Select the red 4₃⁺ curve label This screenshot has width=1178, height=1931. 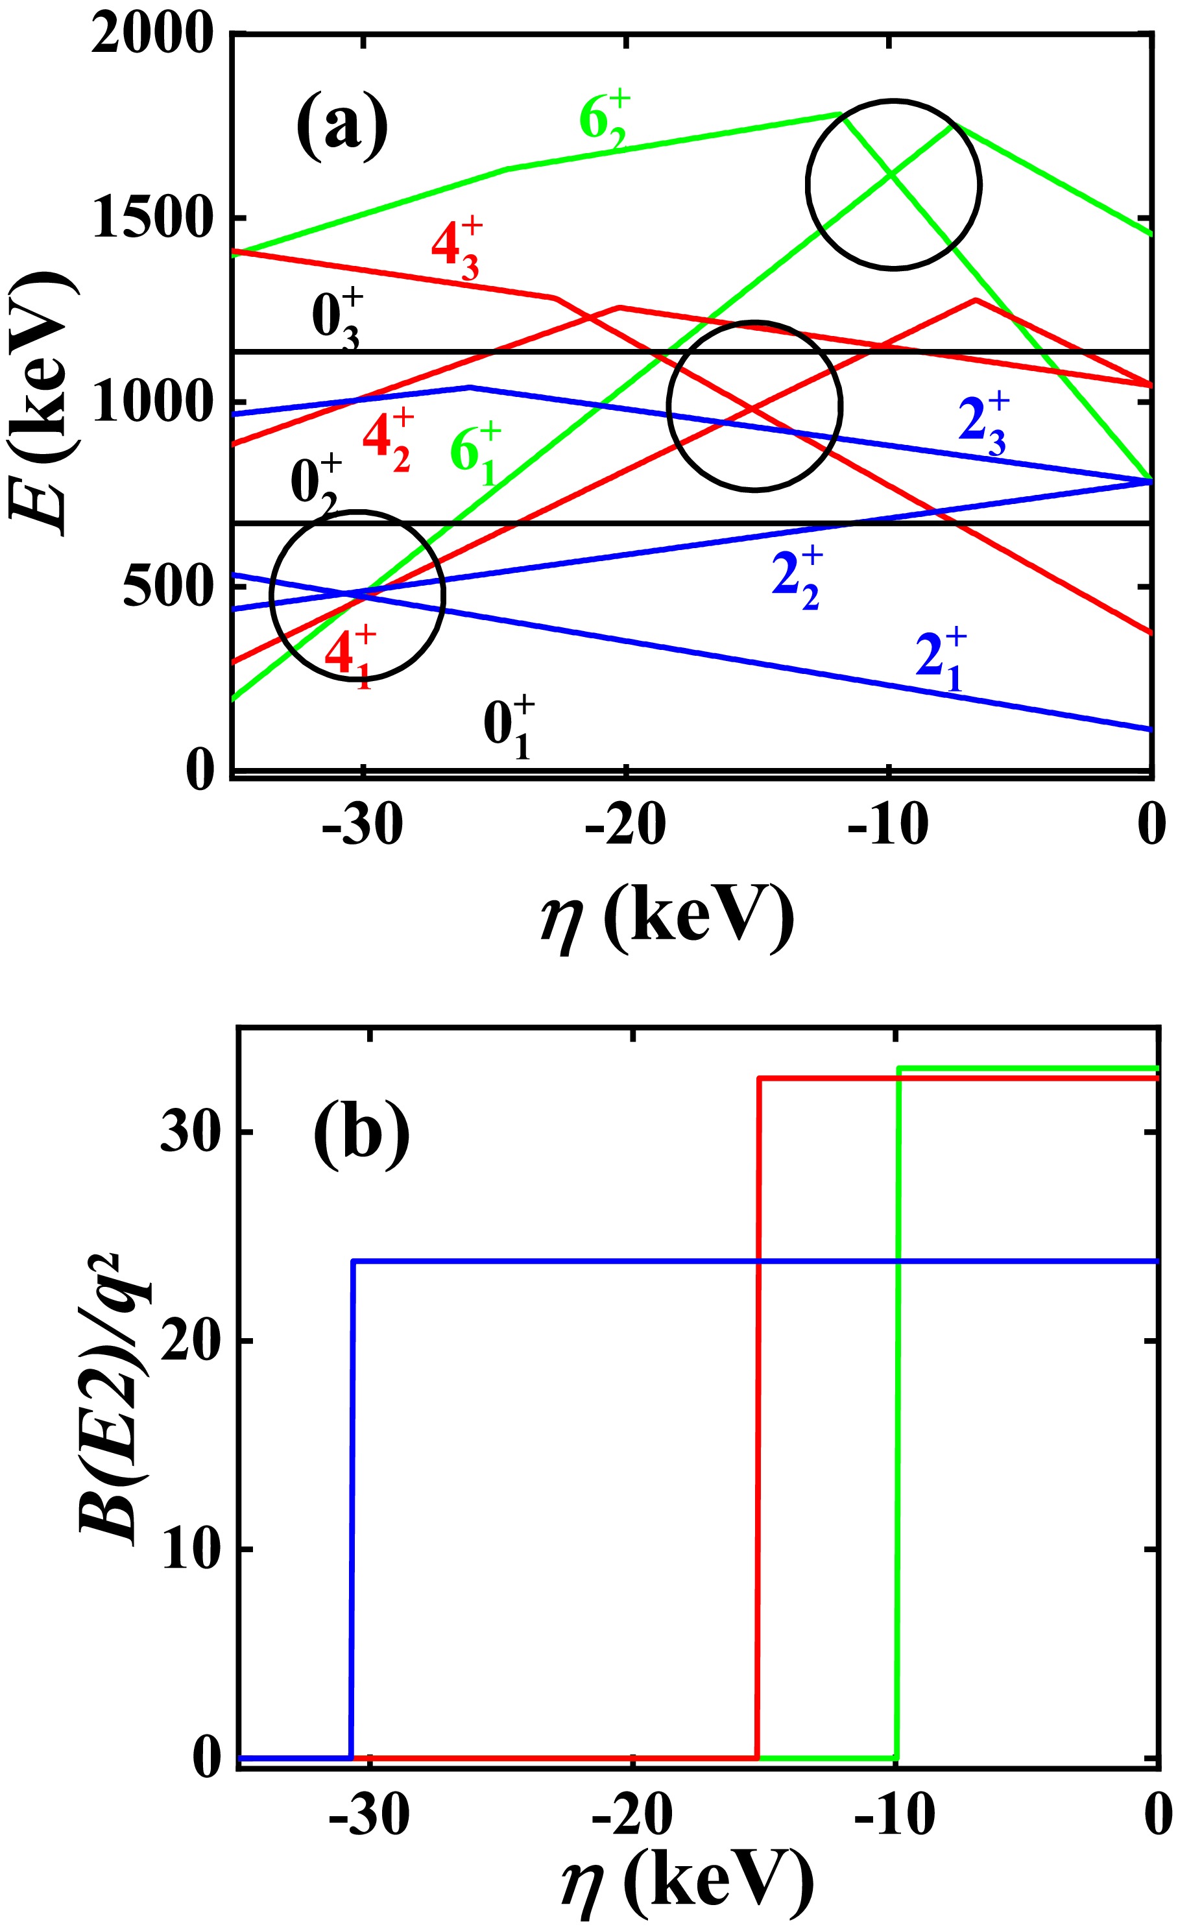click(456, 248)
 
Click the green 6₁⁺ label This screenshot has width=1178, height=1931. click(475, 453)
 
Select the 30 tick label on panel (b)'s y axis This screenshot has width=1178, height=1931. click(189, 1133)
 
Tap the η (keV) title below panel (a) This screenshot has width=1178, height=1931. click(667, 918)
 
